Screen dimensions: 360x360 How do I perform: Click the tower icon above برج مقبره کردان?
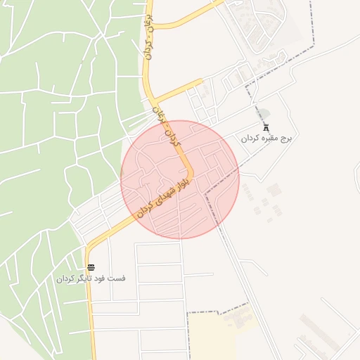click(266, 127)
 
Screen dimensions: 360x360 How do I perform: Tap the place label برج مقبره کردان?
click(266, 139)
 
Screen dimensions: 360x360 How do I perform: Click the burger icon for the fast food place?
click(91, 266)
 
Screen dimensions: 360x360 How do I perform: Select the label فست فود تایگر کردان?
click(91, 278)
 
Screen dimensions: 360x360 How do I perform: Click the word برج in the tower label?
click(284, 139)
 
